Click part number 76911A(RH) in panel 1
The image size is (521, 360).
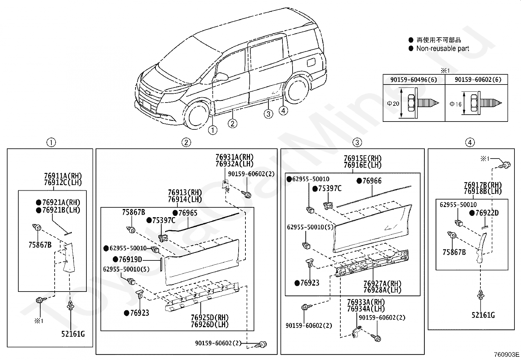coord(63,176)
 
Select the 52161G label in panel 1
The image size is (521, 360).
coord(73,334)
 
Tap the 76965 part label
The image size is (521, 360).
coord(188,213)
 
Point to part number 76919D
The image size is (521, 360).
coord(130,259)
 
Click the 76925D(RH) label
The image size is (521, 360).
coord(210,317)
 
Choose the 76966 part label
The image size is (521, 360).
coord(372,181)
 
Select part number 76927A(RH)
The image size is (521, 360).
coord(382,283)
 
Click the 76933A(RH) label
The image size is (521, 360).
coord(366,302)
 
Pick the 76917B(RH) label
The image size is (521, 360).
coord(483,185)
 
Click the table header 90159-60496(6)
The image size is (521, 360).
coord(414,80)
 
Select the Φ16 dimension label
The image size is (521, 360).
coord(455,104)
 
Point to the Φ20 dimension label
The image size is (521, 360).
coord(393,104)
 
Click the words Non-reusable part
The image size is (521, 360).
coord(442,48)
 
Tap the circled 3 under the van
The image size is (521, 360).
coord(268,114)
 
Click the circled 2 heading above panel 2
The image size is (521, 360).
coord(186,142)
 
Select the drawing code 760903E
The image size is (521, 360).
coord(507,354)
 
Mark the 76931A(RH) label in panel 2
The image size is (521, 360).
coord(234,158)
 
